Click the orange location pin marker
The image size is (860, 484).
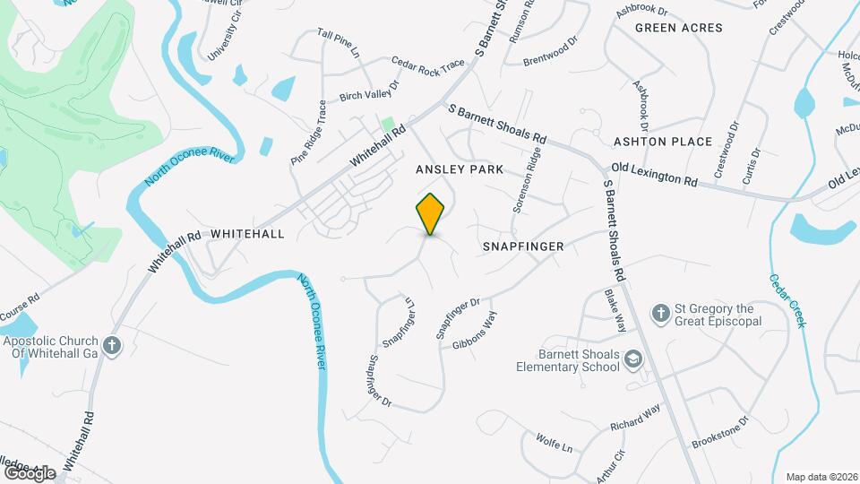pyautogui.click(x=431, y=213)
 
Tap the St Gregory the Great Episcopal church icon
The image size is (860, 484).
pyautogui.click(x=660, y=313)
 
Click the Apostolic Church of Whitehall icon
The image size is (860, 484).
pyautogui.click(x=111, y=346)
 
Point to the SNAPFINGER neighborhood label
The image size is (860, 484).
pyautogui.click(x=522, y=246)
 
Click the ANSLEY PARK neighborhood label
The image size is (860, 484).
pyautogui.click(x=459, y=169)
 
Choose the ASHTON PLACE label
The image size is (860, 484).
pyautogui.click(x=662, y=142)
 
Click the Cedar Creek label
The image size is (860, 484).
pyautogui.click(x=787, y=299)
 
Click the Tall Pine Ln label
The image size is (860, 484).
pyautogui.click(x=339, y=43)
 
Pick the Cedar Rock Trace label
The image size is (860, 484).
pyautogui.click(x=428, y=65)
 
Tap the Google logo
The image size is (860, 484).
pyautogui.click(x=29, y=472)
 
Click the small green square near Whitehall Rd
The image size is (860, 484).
pyautogui.click(x=388, y=124)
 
